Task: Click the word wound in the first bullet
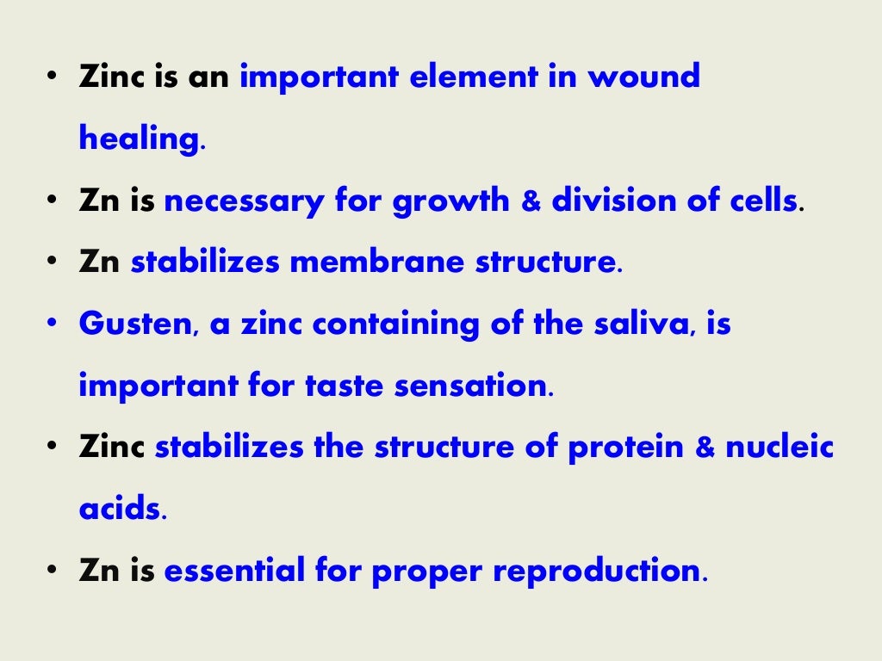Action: (x=643, y=77)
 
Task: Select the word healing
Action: (x=140, y=139)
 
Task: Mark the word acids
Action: (x=119, y=510)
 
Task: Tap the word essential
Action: (x=233, y=571)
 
